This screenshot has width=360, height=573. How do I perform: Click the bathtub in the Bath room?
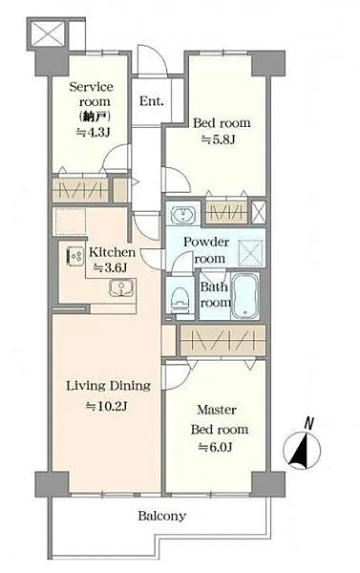pos(245,296)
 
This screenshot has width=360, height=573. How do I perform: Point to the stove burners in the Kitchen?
pos(74,256)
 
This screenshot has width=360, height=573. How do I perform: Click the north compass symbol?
pos(302,449)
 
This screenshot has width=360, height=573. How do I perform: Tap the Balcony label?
pos(161,516)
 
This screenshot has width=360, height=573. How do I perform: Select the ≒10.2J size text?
pos(106,406)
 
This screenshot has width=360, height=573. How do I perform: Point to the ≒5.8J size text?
pos(218,138)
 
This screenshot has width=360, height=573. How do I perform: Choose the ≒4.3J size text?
pos(93,132)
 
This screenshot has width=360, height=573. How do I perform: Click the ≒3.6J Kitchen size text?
pos(110,267)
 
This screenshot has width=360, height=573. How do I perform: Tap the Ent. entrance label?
pos(151,101)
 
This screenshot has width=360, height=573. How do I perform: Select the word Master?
pos(217,410)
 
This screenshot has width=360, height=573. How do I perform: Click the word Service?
pos(92,87)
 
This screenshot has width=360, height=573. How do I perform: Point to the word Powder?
pos(206,242)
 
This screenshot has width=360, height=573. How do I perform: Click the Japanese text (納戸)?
pos(95,117)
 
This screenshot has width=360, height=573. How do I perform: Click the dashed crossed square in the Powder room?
pos(250,252)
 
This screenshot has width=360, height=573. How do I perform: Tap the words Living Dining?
pos(108,386)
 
